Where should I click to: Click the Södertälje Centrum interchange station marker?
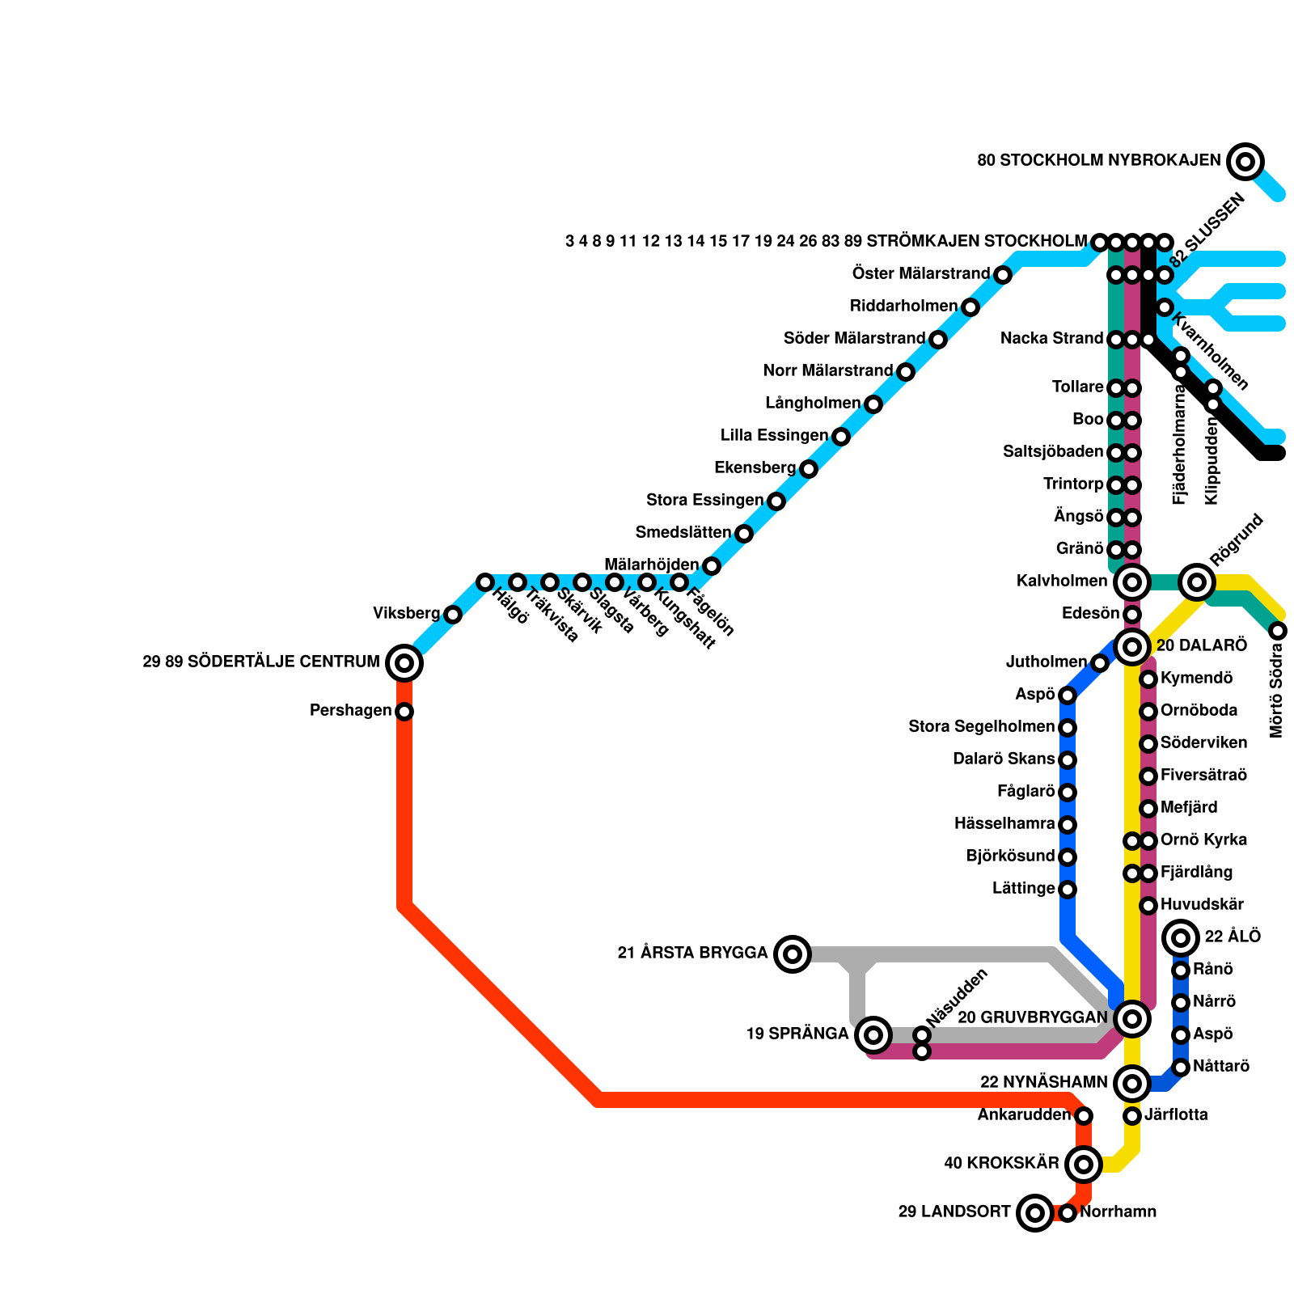[404, 663]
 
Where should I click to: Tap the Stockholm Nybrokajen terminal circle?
[1245, 162]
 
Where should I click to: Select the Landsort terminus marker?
[1035, 1213]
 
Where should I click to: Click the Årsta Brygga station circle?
[793, 954]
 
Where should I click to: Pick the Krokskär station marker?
[1084, 1165]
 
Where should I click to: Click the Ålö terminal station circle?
[1181, 938]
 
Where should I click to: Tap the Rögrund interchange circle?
[1197, 582]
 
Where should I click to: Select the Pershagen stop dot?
[404, 712]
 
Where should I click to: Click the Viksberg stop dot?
[453, 615]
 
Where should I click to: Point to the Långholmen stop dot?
[873, 404]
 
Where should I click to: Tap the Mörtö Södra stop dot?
[1278, 631]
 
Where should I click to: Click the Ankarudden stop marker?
[1084, 1116]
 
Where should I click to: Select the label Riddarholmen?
[903, 307]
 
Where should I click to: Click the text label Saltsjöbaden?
[1053, 451]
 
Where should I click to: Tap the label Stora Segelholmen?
[981, 726]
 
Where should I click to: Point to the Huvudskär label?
[1202, 904]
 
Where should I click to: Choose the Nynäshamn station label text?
[1043, 1082]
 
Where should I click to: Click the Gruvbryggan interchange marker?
[1132, 1019]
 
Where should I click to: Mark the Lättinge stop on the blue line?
[1068, 890]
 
